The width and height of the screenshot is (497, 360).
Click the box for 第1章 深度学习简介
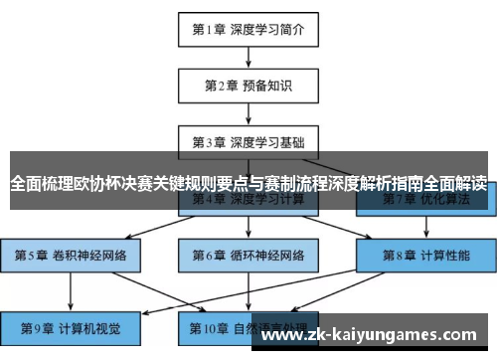248,30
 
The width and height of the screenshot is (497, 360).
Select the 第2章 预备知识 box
248,86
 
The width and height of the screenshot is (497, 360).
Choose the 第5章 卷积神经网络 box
71,256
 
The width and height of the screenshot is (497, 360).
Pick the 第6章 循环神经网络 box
248,256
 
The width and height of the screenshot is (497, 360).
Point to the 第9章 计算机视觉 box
71,327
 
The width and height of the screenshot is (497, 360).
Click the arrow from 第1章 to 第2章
248,58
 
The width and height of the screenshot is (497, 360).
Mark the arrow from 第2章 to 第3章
248,113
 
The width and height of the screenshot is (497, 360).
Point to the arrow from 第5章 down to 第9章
71,291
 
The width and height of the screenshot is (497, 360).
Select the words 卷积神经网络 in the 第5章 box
91,256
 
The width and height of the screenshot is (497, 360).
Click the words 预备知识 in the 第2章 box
267,86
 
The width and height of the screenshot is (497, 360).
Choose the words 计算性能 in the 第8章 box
444,256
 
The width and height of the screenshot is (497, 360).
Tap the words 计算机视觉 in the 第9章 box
91,327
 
